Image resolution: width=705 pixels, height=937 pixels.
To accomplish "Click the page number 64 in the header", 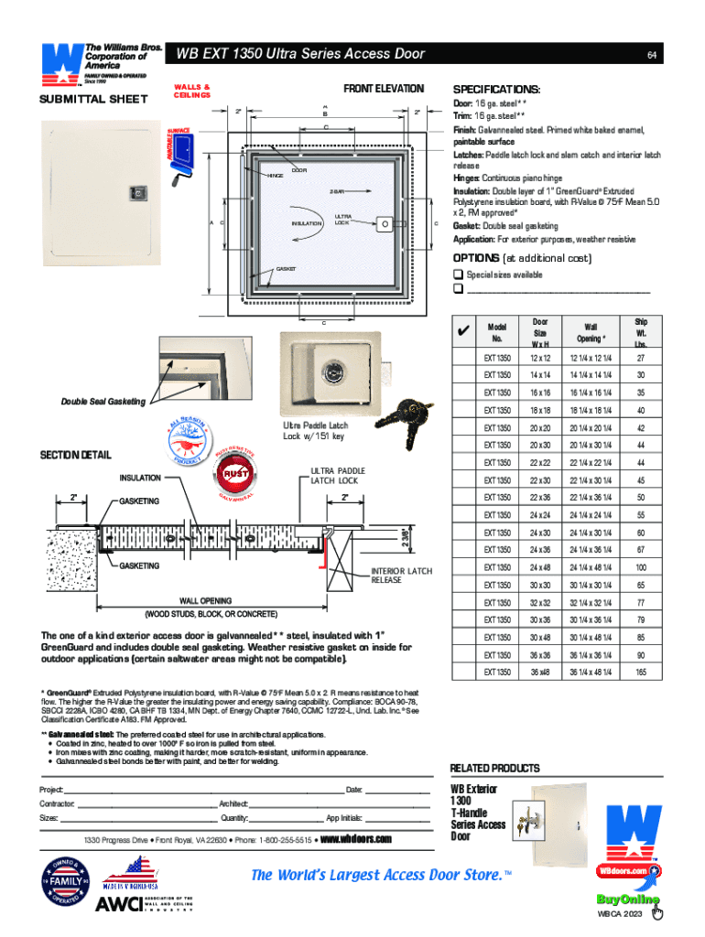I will (x=650, y=54).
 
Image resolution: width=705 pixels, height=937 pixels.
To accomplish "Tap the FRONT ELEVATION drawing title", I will (x=384, y=89).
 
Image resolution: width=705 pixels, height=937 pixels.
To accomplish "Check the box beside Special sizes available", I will (x=458, y=275).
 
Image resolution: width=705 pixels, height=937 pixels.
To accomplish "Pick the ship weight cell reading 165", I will (x=641, y=673).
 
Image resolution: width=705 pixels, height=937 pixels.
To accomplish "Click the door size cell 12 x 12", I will (x=540, y=358).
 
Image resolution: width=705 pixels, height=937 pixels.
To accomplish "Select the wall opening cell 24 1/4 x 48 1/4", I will (x=590, y=567).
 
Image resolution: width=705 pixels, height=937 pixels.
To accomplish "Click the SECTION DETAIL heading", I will (x=75, y=455).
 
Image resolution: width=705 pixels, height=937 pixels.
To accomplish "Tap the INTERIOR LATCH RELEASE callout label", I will (x=401, y=576).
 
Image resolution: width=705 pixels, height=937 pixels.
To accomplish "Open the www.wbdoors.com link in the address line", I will (x=356, y=839).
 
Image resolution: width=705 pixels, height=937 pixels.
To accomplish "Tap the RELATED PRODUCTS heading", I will (x=495, y=768).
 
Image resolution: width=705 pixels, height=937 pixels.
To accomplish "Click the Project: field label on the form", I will (x=51, y=789).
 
